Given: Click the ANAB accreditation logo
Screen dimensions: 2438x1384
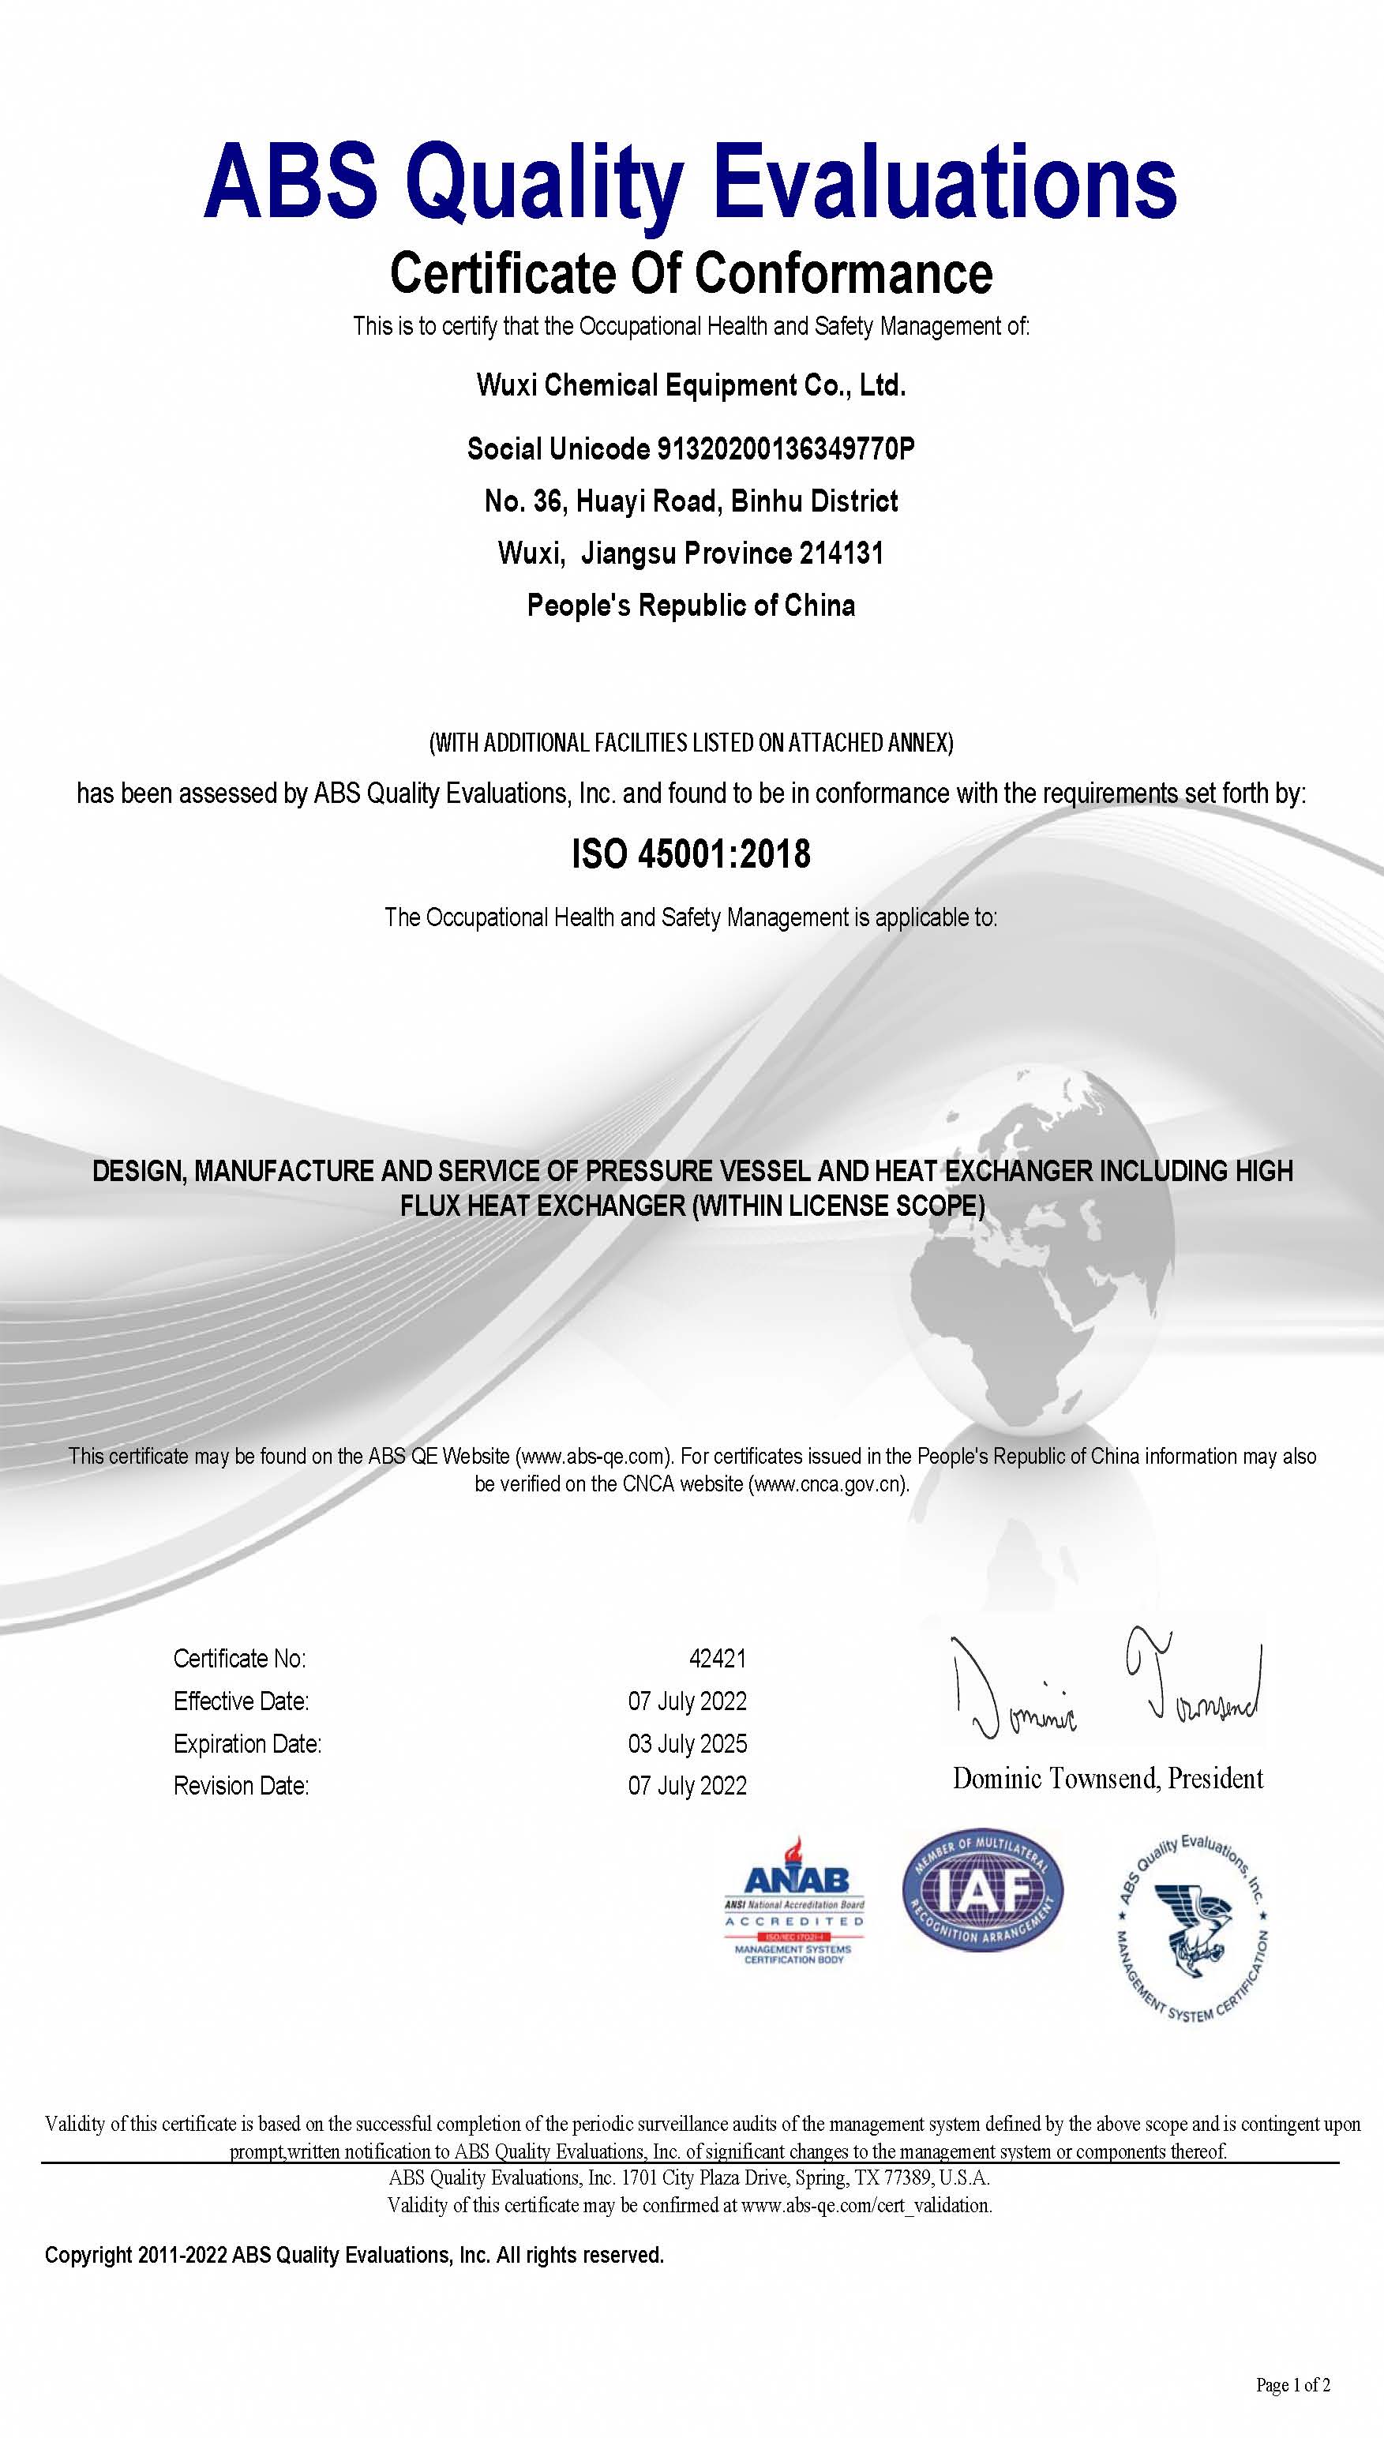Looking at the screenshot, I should pos(793,1900).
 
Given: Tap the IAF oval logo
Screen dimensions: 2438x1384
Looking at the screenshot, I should pos(982,1889).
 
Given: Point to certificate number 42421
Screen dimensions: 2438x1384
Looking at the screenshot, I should pos(718,1659).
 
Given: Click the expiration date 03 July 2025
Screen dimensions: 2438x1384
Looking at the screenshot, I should pos(687,1743).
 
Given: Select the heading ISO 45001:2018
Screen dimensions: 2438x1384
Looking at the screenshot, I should pos(691,853).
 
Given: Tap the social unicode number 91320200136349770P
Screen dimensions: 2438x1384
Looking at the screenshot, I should pos(785,448).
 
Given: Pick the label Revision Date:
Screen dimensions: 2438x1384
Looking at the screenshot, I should pos(242,1785).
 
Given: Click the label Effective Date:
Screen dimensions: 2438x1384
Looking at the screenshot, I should pos(242,1701).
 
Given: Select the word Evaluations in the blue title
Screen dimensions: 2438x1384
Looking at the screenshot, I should pos(946,181).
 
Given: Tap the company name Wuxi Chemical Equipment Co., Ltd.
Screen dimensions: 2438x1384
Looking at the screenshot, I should pos(691,385).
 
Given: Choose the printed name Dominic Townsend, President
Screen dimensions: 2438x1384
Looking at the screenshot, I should pos(1108,1778).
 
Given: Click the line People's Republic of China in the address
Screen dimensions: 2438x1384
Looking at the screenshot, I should pos(691,605).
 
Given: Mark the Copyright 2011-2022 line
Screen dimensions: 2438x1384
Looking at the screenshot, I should pos(354,2255).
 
